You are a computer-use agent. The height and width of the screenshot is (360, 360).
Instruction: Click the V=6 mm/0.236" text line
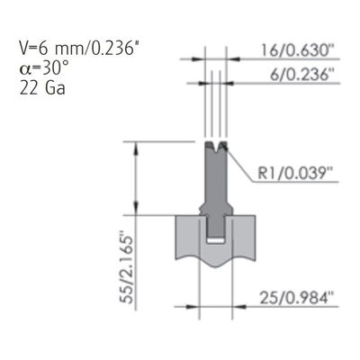coord(80,48)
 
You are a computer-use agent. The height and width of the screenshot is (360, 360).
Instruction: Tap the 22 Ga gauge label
coord(42,88)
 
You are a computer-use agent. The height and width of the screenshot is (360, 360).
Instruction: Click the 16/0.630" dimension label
coord(298,50)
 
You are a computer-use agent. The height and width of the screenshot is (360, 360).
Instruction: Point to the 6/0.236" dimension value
coord(302,74)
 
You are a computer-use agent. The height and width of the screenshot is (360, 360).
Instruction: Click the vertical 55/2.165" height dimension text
coord(126,267)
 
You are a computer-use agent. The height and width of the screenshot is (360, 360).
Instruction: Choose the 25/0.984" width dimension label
coord(297,298)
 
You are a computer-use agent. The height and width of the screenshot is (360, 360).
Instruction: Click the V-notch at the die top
coord(216,146)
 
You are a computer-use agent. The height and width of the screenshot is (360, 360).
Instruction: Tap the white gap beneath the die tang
coord(216,240)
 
